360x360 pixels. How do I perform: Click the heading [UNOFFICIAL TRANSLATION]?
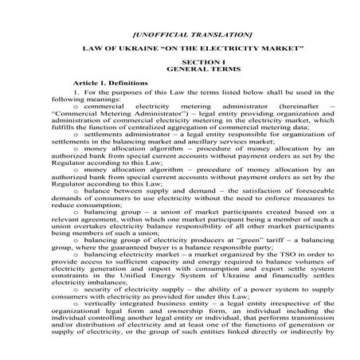[180, 35]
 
